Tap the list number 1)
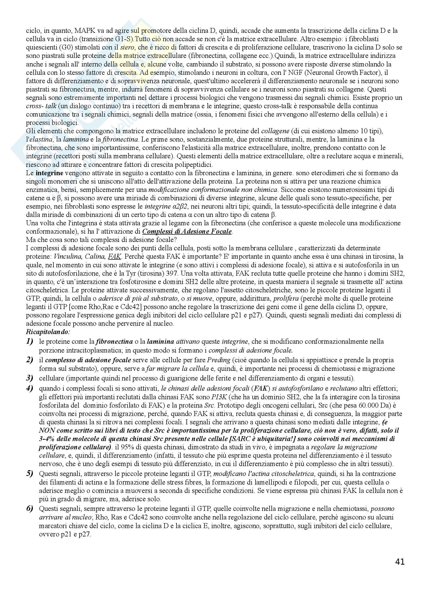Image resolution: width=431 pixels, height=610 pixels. tap(30, 341)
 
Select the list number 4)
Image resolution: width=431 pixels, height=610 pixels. tap(30, 388)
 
